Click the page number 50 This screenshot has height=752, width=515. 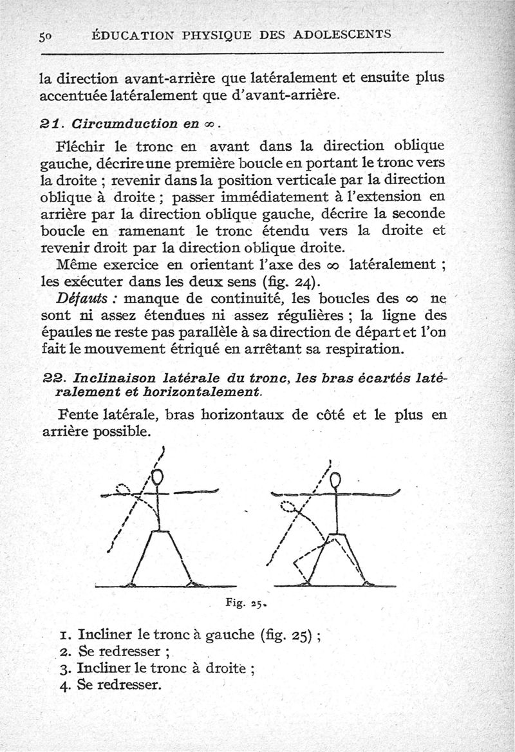pos(45,37)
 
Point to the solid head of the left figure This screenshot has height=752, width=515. pos(158,478)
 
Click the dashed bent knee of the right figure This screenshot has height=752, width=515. pos(295,561)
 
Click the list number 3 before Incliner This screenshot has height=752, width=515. pos(64,668)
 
